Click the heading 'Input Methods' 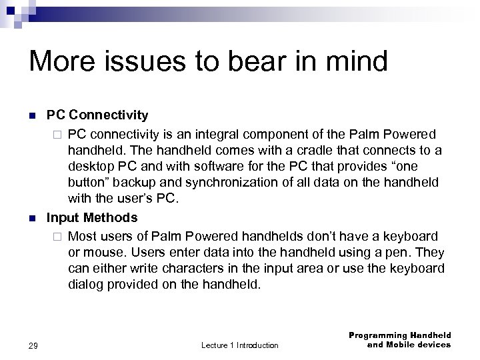pos(91,218)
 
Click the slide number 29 pos(34,345)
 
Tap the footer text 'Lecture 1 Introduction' pos(239,345)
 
